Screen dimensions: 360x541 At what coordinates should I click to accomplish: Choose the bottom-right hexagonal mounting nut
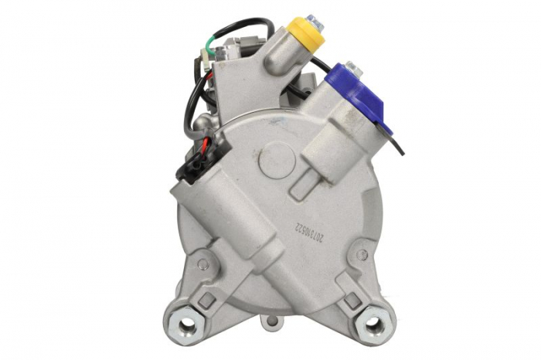pos(374,323)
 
